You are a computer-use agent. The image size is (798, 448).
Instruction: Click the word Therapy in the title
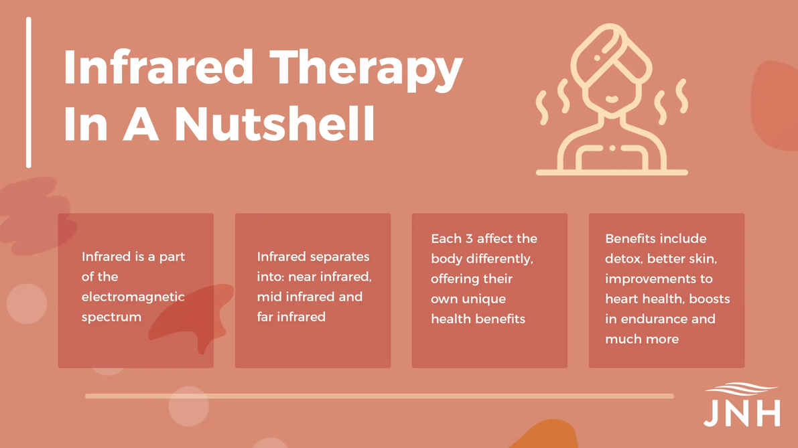(366, 69)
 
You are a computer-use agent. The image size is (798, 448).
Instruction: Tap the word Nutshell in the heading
(275, 124)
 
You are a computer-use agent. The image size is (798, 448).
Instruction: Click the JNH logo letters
(742, 413)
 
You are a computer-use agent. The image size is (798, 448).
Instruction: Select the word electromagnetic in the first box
(133, 297)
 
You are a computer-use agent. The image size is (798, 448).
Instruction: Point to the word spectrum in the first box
(111, 317)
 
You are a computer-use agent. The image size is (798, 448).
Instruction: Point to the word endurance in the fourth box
(660, 319)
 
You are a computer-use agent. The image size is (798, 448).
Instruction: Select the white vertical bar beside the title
(29, 92)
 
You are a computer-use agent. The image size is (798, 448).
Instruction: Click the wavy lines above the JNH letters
(742, 389)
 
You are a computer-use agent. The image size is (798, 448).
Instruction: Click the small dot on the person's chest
(612, 149)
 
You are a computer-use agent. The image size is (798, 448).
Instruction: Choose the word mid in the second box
(268, 297)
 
